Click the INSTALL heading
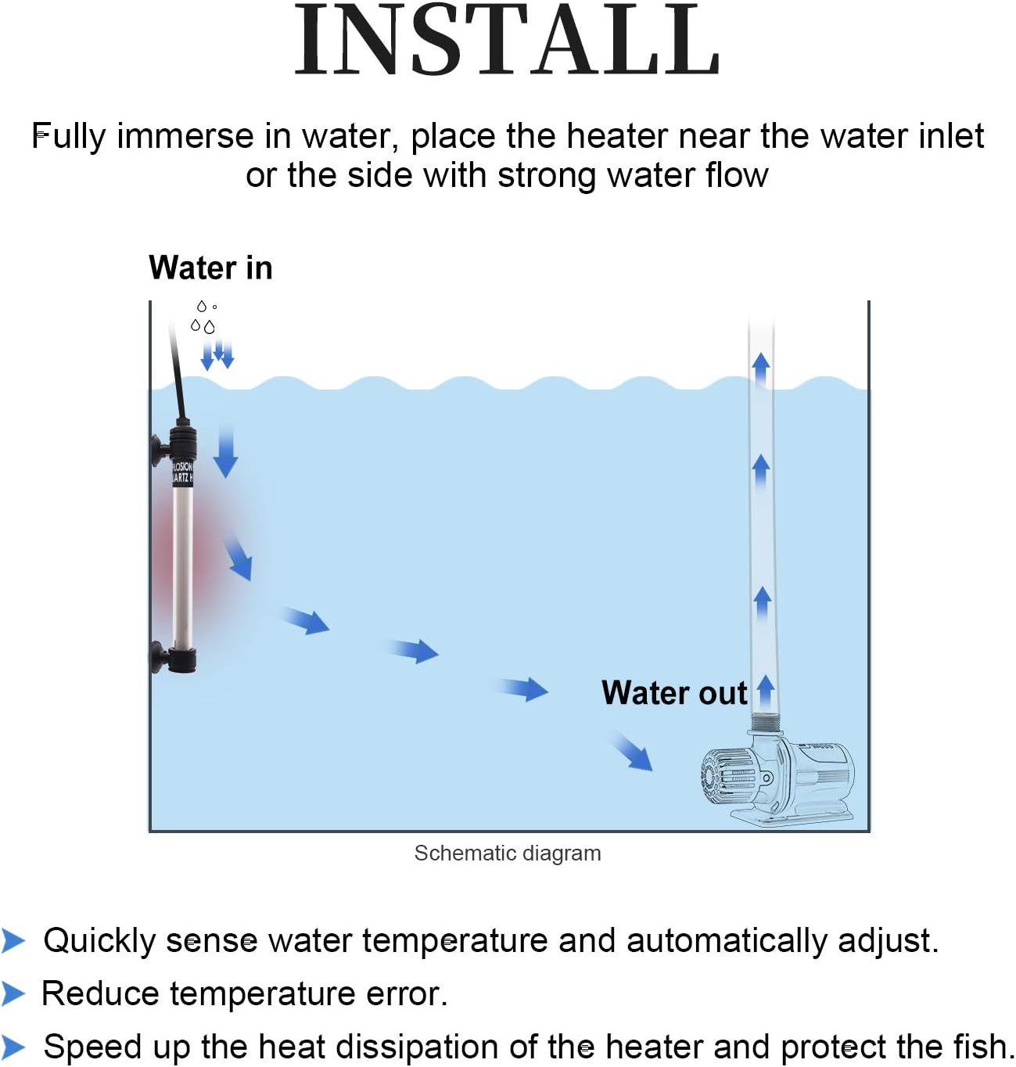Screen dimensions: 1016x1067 [507, 41]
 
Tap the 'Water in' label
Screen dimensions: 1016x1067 [210, 268]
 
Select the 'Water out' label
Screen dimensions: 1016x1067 [673, 693]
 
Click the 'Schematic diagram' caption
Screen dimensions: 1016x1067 [508, 853]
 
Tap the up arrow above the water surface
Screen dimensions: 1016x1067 [760, 368]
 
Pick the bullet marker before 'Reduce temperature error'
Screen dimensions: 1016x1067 [13, 993]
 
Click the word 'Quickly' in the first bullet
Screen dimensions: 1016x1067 [99, 940]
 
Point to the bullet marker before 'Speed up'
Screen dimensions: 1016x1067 [13, 1047]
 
